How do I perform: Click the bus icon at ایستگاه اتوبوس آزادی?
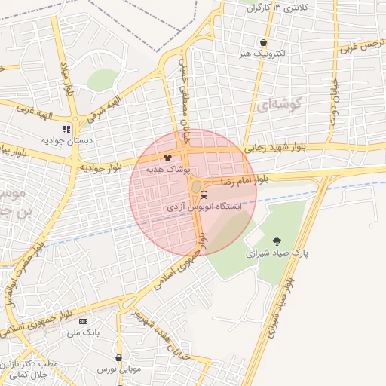204,195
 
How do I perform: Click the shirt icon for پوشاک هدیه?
167,158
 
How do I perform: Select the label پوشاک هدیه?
167,170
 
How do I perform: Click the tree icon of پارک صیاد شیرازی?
278,242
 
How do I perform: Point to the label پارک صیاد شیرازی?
278,255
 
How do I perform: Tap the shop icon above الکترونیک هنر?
263,43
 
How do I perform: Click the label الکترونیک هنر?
263,54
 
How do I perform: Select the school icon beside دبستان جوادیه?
66,129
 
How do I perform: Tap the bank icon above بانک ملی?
83,320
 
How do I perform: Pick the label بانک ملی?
83,332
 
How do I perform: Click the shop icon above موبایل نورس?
118,357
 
